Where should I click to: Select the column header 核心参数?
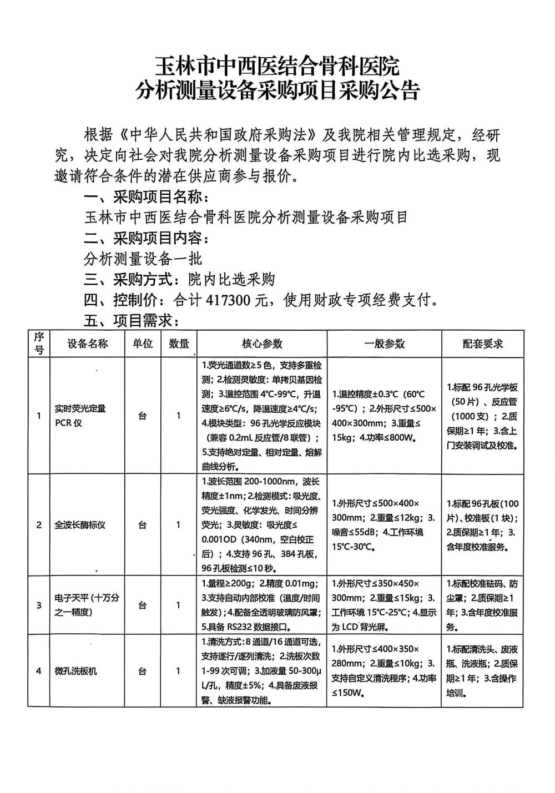262,344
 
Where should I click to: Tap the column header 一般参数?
384,344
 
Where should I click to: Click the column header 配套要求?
482,344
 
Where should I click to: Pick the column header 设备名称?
88,344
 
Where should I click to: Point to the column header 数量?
179,344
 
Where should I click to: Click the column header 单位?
142,344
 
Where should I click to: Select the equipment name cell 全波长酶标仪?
80,524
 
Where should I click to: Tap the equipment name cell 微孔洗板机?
75,671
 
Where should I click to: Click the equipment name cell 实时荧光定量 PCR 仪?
80,416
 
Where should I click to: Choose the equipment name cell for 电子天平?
87,605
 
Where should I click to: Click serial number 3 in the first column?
39,605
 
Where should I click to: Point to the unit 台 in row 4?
142,671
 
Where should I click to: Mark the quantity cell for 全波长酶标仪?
179,524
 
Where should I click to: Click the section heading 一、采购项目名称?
147,196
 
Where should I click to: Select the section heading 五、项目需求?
131,321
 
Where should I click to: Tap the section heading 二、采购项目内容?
147,238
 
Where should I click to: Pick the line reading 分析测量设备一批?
143,259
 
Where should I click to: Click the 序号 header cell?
39,344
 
